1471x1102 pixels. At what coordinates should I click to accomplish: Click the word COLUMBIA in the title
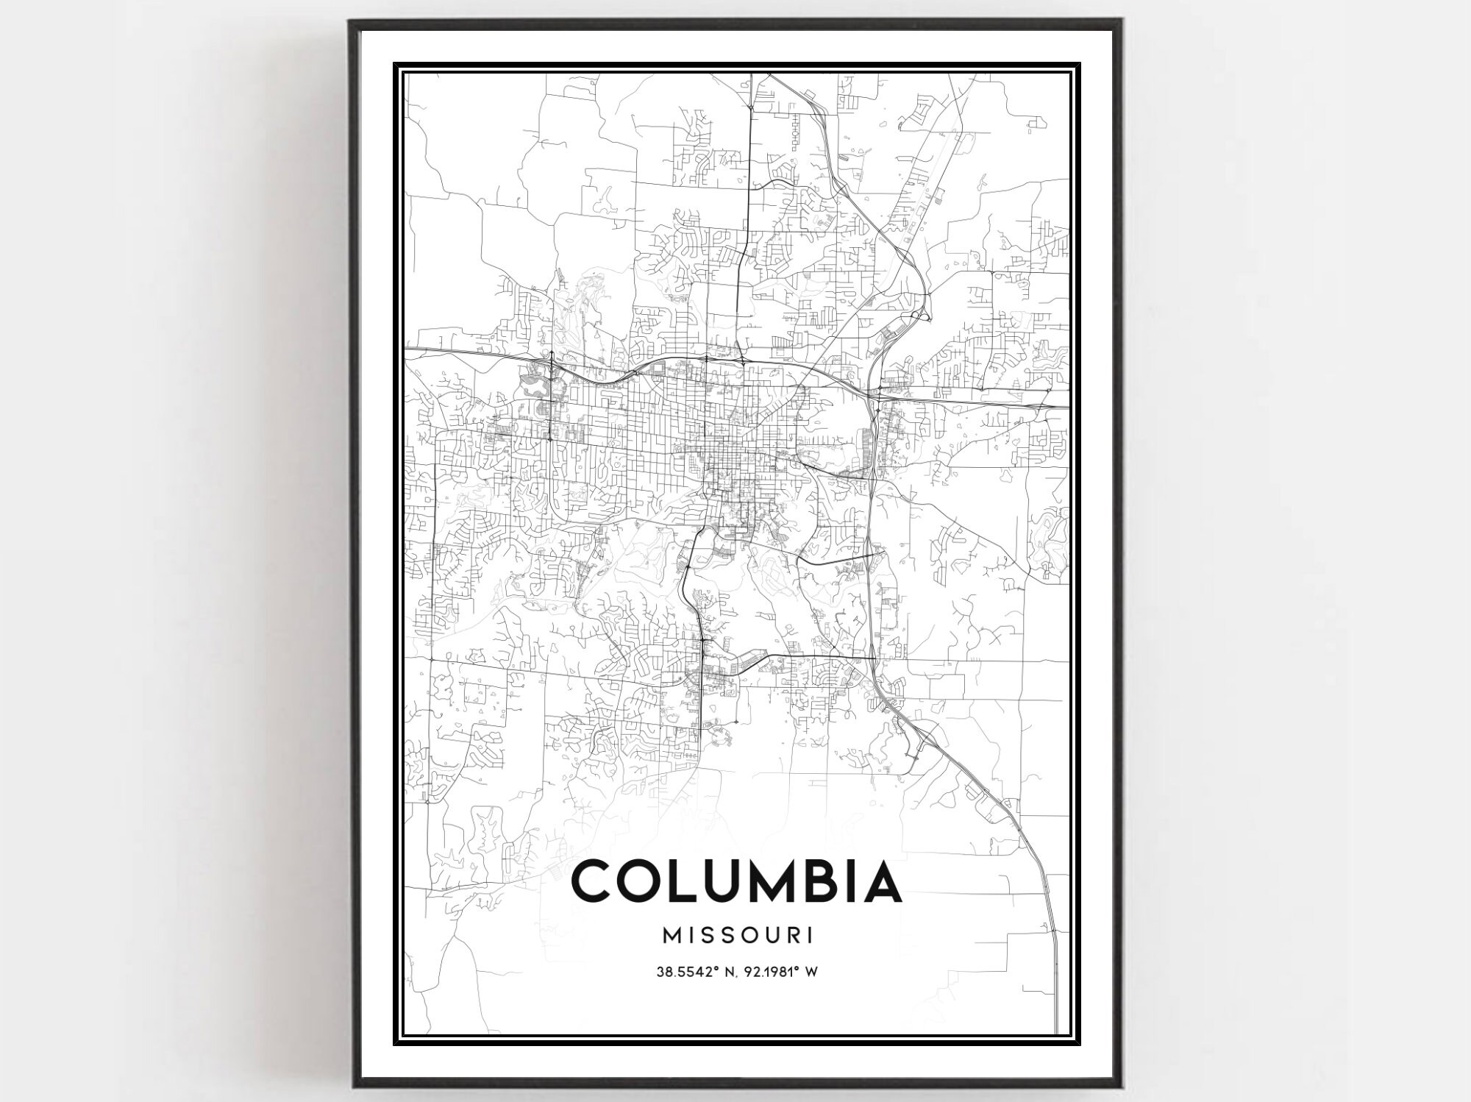pos(736,882)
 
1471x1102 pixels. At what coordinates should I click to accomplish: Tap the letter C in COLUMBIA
pos(594,882)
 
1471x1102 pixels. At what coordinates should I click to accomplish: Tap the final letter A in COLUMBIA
pos(880,882)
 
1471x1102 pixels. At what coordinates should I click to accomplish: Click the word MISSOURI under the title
pos(738,936)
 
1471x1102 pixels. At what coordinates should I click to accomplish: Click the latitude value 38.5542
pos(680,972)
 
